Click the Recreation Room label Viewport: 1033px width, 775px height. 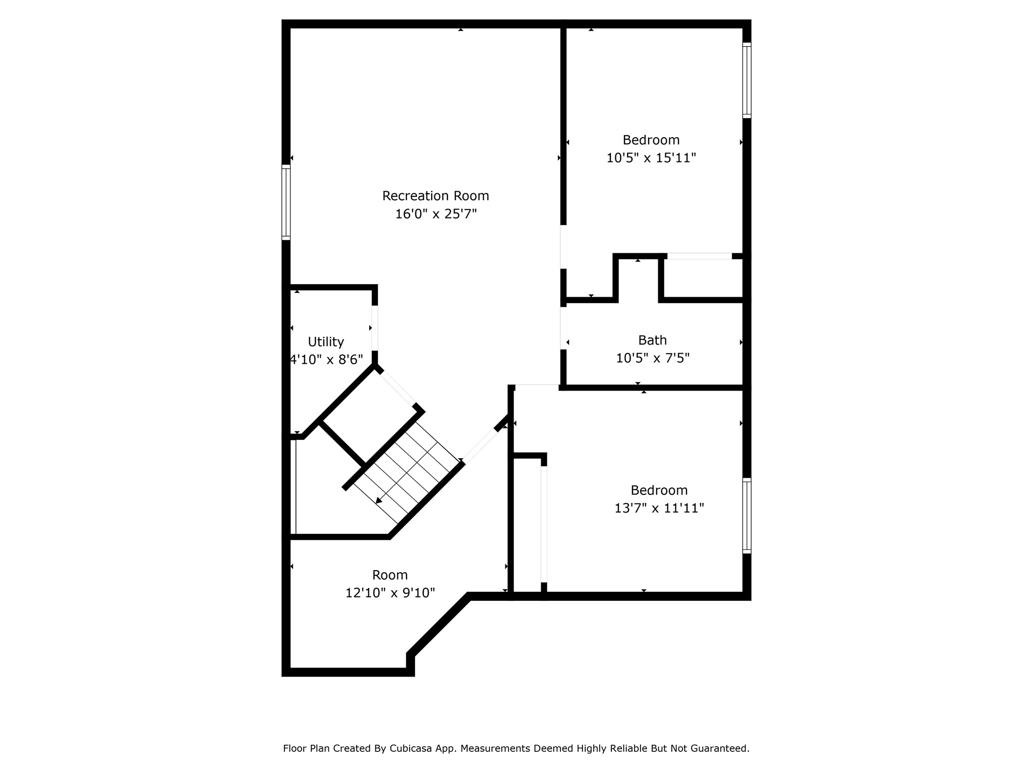coord(435,196)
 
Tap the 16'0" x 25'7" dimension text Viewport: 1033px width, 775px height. coord(435,214)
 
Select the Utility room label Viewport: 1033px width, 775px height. coord(326,342)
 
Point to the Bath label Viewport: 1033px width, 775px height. coord(652,340)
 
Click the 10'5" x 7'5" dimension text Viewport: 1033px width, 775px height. coord(652,358)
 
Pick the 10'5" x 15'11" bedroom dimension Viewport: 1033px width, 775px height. coord(651,158)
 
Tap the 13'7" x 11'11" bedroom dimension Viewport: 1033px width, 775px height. coord(659,508)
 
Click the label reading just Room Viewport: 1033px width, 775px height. coord(390,575)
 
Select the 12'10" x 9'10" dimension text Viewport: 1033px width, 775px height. coord(390,593)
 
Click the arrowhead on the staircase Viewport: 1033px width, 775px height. coord(379,500)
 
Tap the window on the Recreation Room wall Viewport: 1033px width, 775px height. coord(286,202)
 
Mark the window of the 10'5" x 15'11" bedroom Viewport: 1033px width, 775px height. coord(747,81)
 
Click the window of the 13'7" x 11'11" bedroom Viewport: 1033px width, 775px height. coord(747,516)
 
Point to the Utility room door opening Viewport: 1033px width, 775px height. coord(375,328)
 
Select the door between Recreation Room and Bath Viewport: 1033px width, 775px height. coord(563,328)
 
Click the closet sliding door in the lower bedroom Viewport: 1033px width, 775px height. coord(544,525)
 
